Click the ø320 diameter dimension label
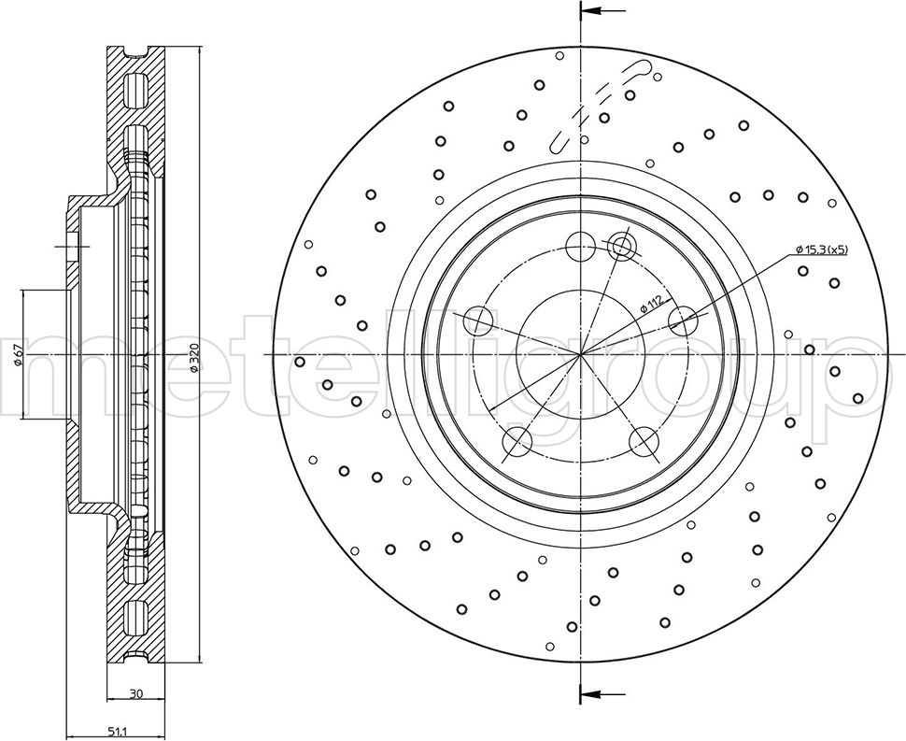point(194,357)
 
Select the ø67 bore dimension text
point(18,354)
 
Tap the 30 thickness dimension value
point(135,693)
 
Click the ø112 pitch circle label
point(651,305)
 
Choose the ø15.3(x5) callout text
point(821,249)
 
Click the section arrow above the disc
point(603,11)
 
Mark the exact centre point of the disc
point(581,354)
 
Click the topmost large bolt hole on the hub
point(581,247)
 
